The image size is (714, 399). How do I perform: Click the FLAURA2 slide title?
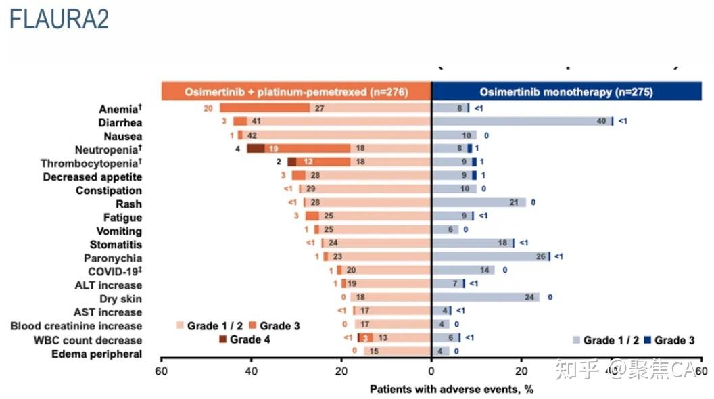click(x=59, y=20)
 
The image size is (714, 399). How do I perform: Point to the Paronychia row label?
click(x=113, y=258)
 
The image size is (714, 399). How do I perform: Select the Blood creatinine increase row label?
click(x=76, y=326)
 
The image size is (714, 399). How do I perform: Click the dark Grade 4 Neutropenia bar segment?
click(x=256, y=149)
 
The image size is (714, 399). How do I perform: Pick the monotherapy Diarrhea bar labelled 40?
click(x=521, y=121)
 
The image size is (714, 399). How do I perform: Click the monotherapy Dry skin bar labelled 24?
click(x=485, y=297)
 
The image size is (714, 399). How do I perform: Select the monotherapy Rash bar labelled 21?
click(x=478, y=202)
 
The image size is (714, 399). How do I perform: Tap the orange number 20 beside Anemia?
click(x=208, y=108)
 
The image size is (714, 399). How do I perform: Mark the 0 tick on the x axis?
click(x=431, y=371)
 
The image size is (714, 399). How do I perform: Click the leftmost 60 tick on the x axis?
click(x=161, y=371)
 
